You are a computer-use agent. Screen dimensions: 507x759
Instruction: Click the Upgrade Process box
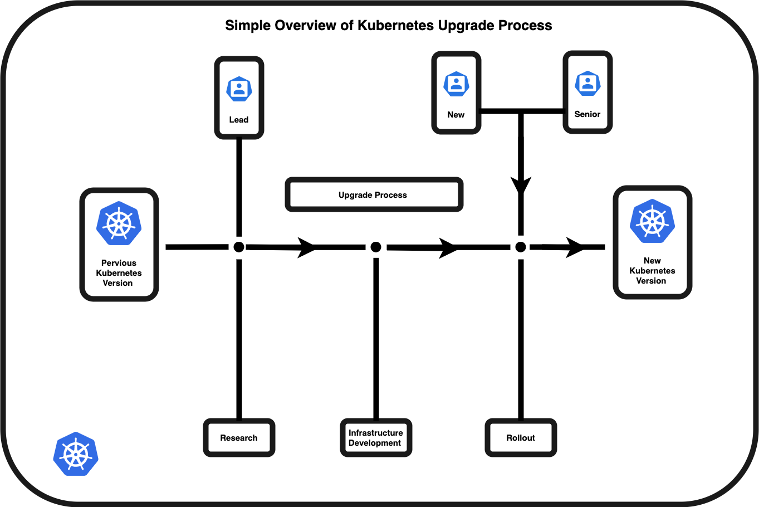pos(374,195)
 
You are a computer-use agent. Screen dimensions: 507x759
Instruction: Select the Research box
pos(239,438)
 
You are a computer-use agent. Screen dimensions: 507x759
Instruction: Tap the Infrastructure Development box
pos(376,438)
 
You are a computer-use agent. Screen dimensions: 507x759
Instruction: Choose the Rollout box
pos(521,438)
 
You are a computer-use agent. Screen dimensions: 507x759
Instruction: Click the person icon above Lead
pos(239,89)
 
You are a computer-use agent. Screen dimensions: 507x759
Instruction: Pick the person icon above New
pos(456,84)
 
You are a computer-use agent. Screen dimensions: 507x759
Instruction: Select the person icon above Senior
pos(587,84)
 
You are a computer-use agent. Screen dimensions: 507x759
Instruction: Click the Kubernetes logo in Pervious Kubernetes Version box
pos(119,223)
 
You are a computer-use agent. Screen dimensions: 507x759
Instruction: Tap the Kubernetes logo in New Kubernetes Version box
pos(652,221)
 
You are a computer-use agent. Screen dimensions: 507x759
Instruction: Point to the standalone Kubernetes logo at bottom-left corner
pos(76,454)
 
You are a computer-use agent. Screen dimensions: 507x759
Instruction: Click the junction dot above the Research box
pos(239,247)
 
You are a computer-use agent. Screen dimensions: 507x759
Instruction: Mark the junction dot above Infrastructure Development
pos(376,247)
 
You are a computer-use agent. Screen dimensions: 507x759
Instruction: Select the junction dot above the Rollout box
pos(521,247)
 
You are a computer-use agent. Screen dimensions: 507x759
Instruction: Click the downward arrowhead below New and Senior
pos(521,186)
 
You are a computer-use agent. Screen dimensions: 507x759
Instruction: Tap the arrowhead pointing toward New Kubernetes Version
pos(576,247)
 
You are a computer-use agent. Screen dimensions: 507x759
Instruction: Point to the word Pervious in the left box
pos(119,263)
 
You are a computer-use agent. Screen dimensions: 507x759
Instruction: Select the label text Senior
pos(587,114)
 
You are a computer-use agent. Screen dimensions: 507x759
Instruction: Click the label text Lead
pos(239,120)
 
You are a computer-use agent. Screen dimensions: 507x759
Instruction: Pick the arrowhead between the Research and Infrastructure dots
pos(307,247)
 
